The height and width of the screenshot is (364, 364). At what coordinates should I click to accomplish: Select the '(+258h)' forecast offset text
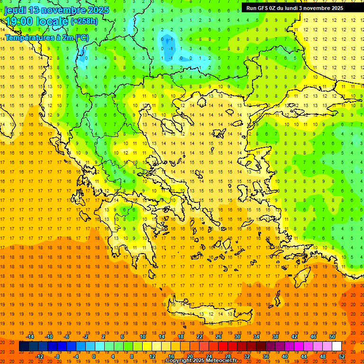point(84,21)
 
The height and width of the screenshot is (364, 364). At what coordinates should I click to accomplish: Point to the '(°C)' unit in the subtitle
point(80,37)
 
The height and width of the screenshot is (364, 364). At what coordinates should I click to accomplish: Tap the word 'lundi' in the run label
point(295,8)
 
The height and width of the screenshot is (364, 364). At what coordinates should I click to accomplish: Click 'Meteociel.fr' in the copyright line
point(221,361)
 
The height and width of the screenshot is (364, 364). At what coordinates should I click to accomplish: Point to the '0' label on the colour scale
point(93,356)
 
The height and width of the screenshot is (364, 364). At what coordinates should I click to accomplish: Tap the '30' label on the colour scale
point(237,337)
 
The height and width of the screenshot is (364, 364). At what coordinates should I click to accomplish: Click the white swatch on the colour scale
point(337,346)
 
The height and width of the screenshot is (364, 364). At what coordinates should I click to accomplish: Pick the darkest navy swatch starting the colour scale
point(24,346)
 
